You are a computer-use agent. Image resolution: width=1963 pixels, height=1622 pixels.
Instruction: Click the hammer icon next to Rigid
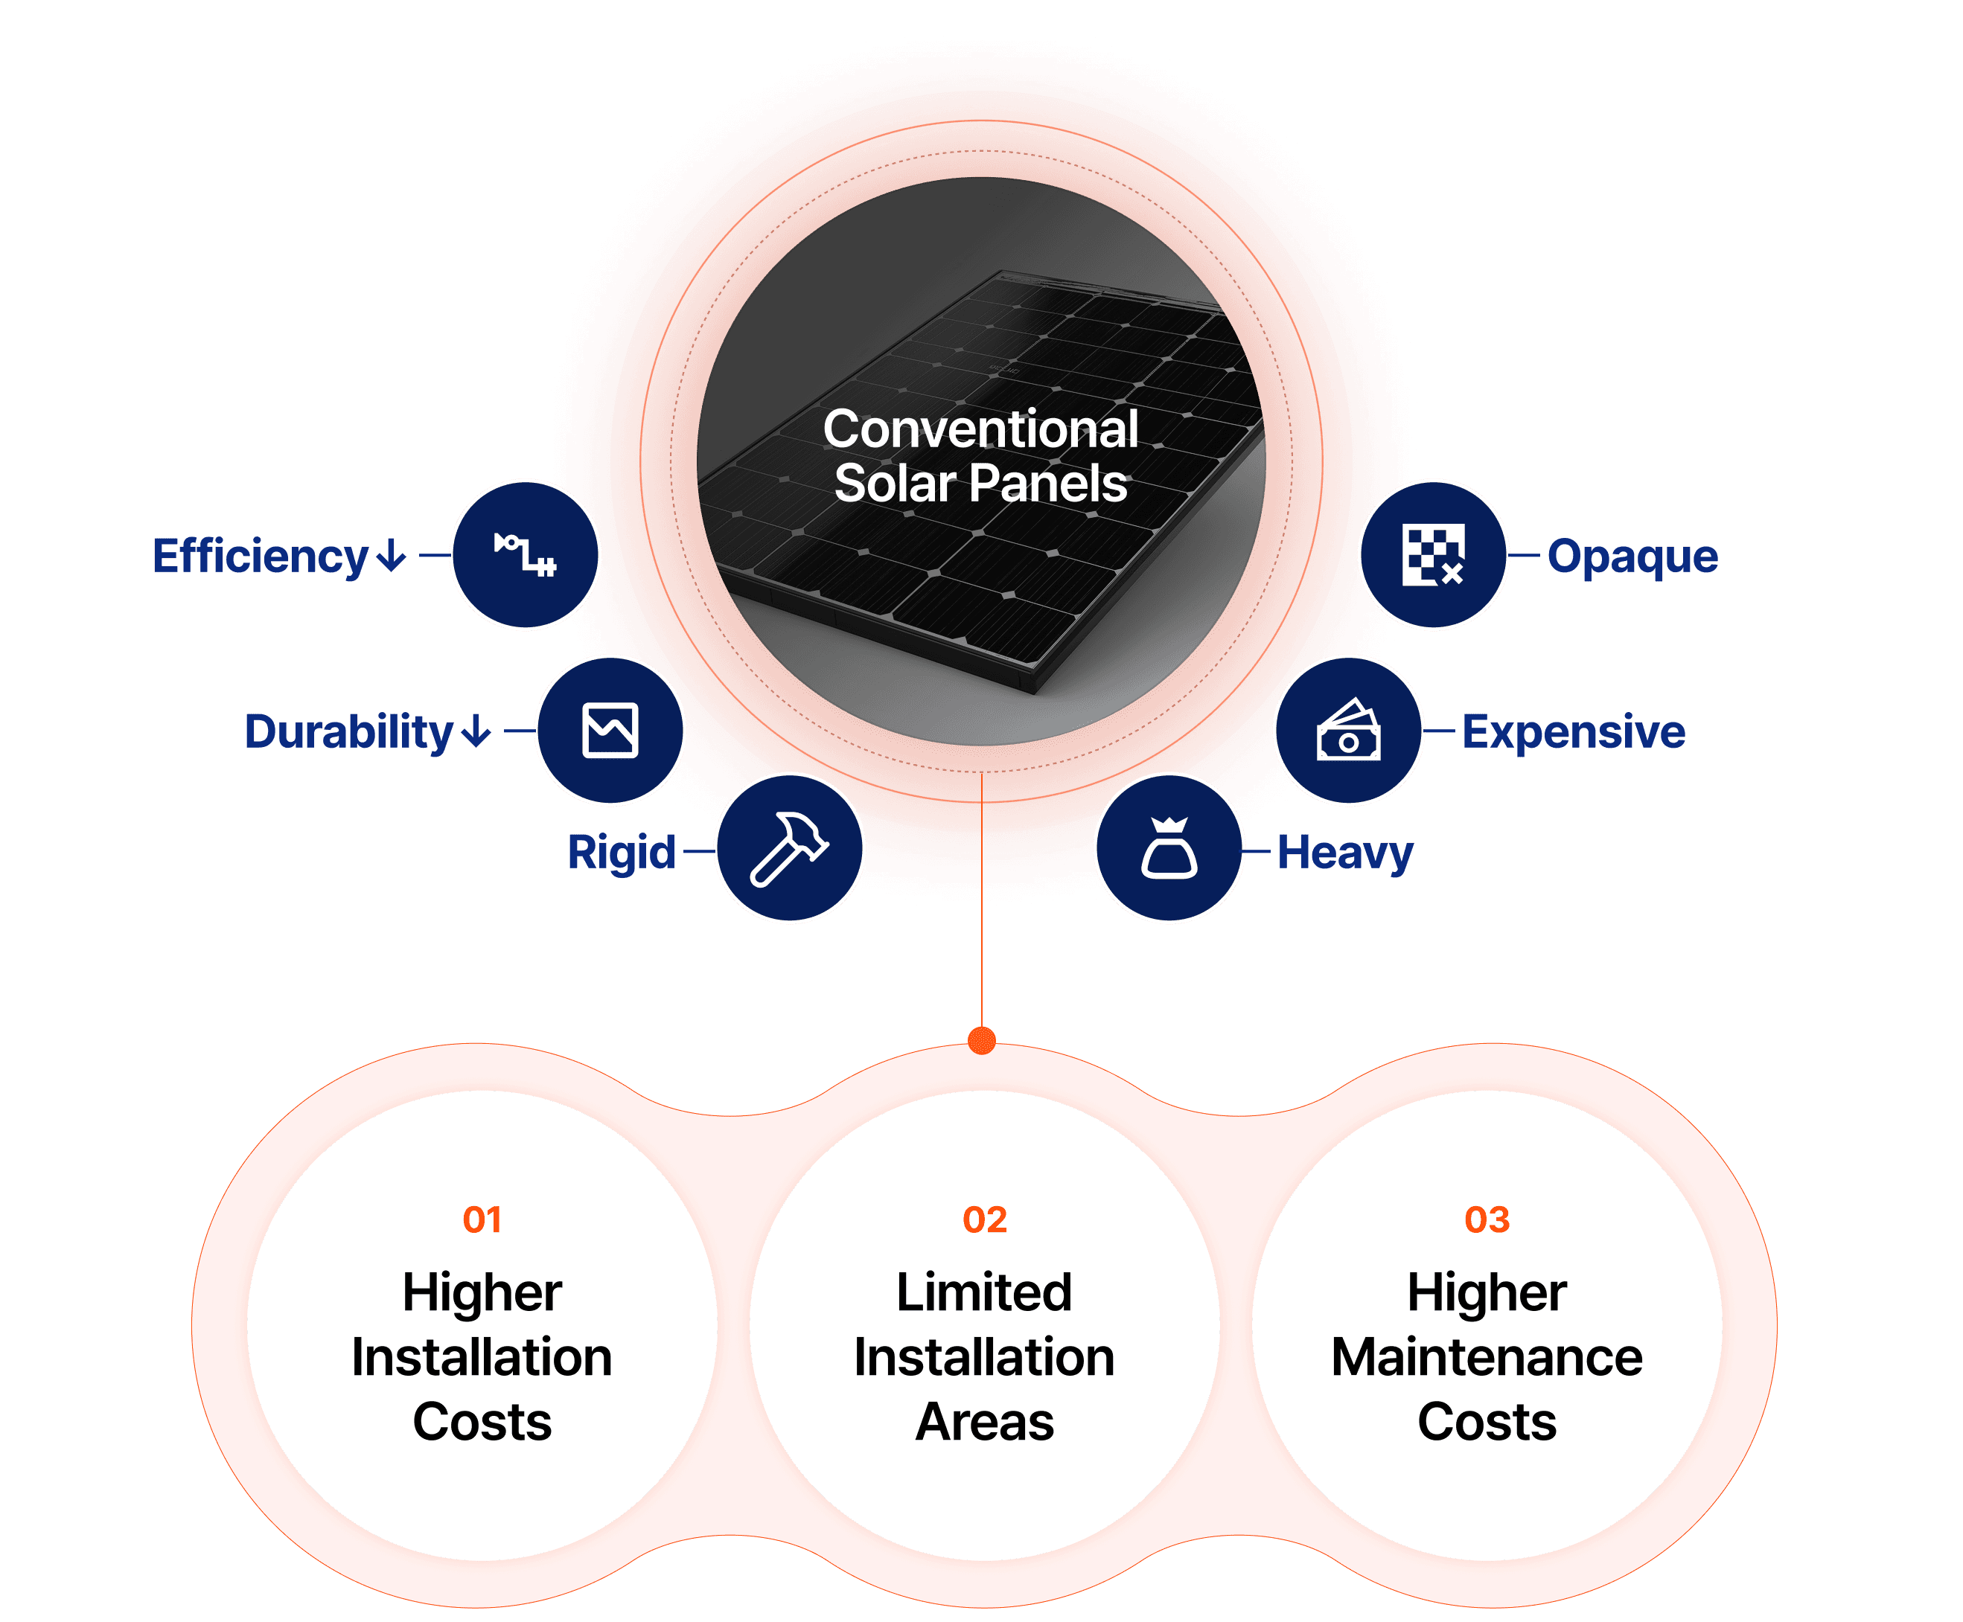point(789,848)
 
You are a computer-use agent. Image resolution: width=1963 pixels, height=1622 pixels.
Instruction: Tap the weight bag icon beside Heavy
point(1169,848)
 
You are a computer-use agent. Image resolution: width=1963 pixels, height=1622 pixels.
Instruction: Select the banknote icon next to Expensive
point(1349,731)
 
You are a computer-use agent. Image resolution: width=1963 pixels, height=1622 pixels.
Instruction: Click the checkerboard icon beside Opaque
point(1433,555)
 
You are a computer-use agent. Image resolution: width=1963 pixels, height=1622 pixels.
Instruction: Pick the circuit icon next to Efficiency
point(526,555)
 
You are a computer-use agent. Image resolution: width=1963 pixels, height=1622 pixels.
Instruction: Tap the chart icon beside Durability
point(610,731)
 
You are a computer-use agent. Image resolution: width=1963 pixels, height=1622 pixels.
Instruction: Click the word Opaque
point(1632,557)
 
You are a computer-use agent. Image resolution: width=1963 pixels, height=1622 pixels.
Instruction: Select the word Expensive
point(1573,731)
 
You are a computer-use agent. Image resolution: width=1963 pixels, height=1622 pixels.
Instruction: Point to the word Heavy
point(1345,853)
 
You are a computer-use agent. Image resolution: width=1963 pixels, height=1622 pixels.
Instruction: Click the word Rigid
point(622,853)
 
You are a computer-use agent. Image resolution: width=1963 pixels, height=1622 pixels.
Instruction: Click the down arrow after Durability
point(476,731)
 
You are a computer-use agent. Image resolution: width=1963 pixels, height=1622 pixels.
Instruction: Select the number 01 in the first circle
point(482,1219)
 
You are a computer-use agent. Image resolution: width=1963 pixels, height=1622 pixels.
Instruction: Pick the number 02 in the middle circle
point(984,1219)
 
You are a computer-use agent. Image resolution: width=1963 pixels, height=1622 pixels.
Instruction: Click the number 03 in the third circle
point(1487,1219)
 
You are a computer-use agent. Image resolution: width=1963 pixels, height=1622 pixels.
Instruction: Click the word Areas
point(984,1422)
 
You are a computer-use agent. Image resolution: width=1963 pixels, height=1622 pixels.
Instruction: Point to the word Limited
point(984,1292)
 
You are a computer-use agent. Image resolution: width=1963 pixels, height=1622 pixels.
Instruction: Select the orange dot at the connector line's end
point(981,1040)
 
